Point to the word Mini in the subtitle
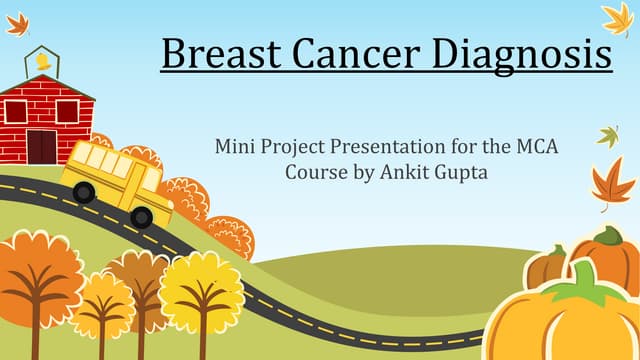point(234,146)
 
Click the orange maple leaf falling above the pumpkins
point(612,183)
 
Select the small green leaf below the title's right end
point(607,135)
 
